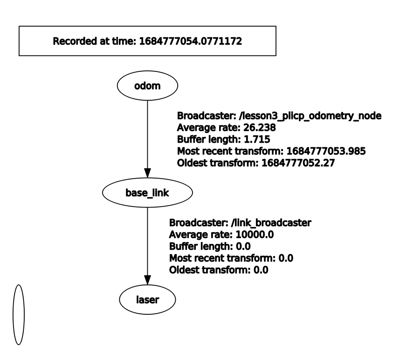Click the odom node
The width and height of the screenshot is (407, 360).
click(147, 85)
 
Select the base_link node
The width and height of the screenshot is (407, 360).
click(147, 193)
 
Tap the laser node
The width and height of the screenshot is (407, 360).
click(147, 300)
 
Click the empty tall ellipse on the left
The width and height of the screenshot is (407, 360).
click(18, 314)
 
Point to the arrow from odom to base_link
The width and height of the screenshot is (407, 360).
click(147, 135)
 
